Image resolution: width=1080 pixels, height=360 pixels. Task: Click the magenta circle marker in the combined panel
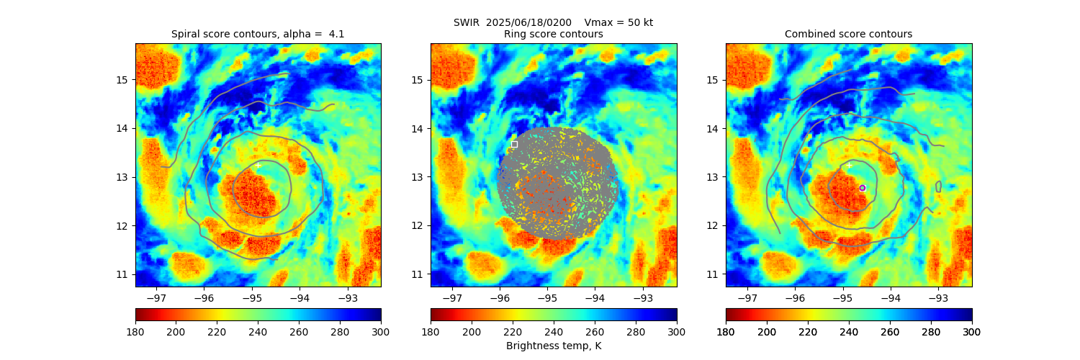(x=862, y=188)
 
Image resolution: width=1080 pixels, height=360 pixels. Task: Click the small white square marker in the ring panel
(x=514, y=144)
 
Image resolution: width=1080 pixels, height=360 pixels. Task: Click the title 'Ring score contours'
(x=553, y=34)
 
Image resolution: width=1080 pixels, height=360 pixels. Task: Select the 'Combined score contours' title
(x=848, y=34)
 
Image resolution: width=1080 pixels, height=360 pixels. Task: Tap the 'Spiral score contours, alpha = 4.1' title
(x=258, y=34)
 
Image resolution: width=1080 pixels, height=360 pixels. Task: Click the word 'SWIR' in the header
(x=467, y=22)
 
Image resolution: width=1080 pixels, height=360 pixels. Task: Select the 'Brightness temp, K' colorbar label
(x=553, y=346)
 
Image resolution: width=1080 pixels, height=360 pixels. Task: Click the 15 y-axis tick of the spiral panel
(x=122, y=79)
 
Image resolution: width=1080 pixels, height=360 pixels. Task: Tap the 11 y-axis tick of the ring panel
(x=418, y=274)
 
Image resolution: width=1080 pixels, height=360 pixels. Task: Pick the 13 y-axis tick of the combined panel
(x=713, y=177)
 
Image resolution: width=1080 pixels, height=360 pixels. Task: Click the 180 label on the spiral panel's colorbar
(x=136, y=331)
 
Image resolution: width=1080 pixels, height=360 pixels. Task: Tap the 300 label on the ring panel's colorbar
(x=676, y=331)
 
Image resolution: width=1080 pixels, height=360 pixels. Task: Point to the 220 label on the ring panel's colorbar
(x=513, y=331)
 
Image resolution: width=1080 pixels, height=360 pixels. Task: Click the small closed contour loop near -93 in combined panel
(x=938, y=186)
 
